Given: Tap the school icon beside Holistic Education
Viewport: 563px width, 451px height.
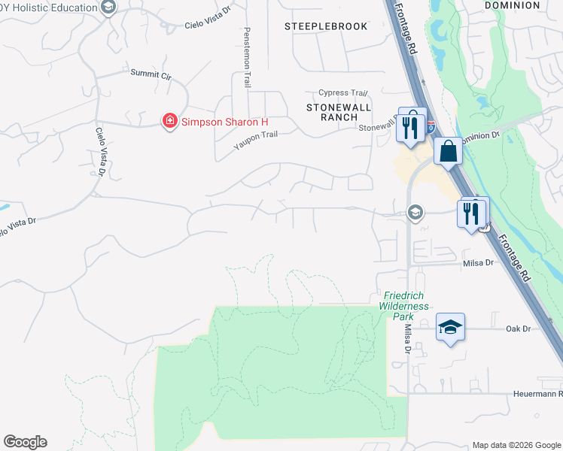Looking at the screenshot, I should pyautogui.click(x=108, y=8).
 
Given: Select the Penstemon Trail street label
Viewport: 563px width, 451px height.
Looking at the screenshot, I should pyautogui.click(x=246, y=57).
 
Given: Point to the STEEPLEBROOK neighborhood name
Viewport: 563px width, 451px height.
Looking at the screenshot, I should pyautogui.click(x=326, y=26).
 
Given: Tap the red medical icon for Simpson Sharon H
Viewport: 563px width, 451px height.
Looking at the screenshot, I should pyautogui.click(x=170, y=121).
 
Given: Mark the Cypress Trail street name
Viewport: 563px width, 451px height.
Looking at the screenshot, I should pyautogui.click(x=342, y=93).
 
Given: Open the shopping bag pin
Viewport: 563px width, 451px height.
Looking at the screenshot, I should pyautogui.click(x=448, y=150).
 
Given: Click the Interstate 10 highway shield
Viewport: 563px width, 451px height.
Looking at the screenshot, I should pyautogui.click(x=431, y=129).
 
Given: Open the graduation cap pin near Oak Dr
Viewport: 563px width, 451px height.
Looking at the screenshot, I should pyautogui.click(x=450, y=327).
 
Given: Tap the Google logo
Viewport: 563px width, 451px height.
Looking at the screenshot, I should pyautogui.click(x=25, y=442).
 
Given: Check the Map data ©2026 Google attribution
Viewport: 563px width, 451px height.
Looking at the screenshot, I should pyautogui.click(x=516, y=445).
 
